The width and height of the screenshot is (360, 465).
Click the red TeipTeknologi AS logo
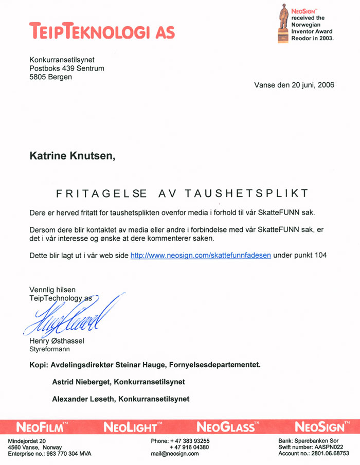tap(102, 30)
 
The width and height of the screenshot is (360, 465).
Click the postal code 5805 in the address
tap(39, 77)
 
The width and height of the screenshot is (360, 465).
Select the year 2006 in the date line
tap(324, 85)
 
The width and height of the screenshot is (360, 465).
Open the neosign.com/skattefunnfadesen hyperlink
tap(201, 255)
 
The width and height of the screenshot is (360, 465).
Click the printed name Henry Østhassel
tap(56, 342)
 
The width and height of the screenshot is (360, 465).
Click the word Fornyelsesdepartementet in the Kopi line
tap(218, 365)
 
